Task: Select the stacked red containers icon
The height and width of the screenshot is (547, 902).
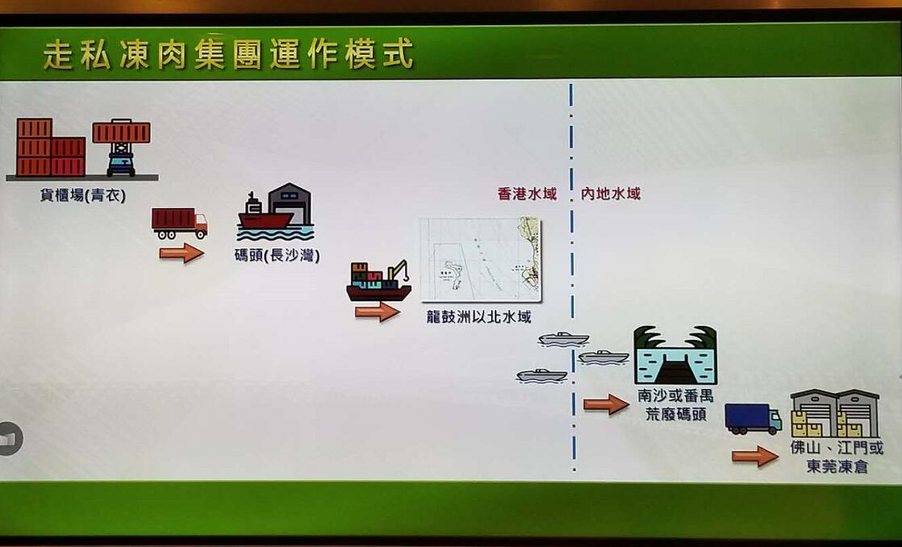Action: [50, 148]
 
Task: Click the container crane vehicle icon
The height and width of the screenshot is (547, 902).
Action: [121, 146]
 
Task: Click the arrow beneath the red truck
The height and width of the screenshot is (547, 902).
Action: [181, 254]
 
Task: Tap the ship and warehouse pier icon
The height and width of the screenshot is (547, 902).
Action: [276, 213]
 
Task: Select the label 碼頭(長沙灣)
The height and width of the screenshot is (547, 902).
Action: [277, 257]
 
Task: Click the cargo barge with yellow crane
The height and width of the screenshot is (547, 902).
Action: [378, 281]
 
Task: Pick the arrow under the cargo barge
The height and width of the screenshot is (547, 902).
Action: [377, 311]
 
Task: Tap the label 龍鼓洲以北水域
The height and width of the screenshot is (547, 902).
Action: [479, 317]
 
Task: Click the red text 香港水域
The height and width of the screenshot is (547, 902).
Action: [527, 194]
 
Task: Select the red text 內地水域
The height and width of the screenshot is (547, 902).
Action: [611, 194]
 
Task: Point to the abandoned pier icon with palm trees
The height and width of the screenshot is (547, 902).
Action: [675, 355]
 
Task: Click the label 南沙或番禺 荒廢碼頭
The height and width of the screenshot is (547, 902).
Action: [675, 406]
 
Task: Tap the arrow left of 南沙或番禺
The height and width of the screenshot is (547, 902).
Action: [605, 404]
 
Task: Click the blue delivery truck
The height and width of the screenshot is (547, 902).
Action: [753, 419]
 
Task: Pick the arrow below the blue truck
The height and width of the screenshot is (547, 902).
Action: [754, 457]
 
